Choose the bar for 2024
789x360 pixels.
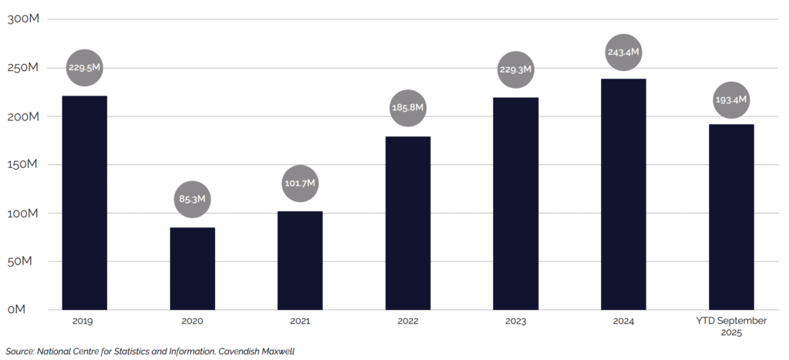(624, 193)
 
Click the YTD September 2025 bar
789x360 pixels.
(731, 217)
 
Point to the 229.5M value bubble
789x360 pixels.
(85, 67)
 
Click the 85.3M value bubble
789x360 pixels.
(193, 200)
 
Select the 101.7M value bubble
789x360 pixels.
(300, 184)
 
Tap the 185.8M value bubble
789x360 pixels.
(408, 108)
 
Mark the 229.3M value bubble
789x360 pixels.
(516, 69)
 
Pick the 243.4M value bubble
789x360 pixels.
(624, 52)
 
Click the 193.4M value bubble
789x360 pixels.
(731, 100)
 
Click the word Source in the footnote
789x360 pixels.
(19, 352)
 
